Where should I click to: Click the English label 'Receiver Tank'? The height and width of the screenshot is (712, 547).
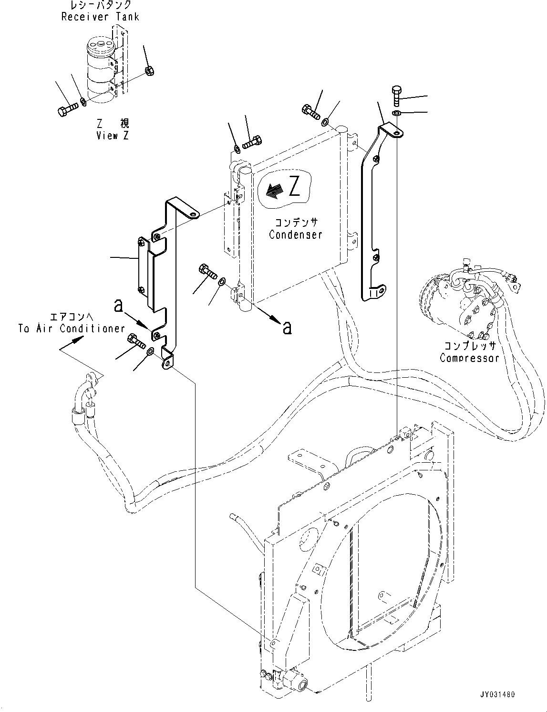point(100,17)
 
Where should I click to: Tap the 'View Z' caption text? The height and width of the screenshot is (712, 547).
point(113,135)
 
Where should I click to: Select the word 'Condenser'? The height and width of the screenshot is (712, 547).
point(295,234)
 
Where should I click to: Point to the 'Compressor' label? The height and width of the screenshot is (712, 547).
point(469,358)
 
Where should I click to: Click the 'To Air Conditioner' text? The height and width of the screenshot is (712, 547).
point(72,329)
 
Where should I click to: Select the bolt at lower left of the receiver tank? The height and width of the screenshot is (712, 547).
point(67,109)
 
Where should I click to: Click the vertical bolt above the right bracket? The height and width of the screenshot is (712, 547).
point(396,96)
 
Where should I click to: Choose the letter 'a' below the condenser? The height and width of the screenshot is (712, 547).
point(287,328)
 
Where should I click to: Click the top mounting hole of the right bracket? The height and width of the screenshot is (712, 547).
point(397,133)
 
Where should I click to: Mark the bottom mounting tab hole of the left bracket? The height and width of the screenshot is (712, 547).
point(167,363)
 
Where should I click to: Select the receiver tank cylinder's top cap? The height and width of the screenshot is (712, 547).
point(100,44)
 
